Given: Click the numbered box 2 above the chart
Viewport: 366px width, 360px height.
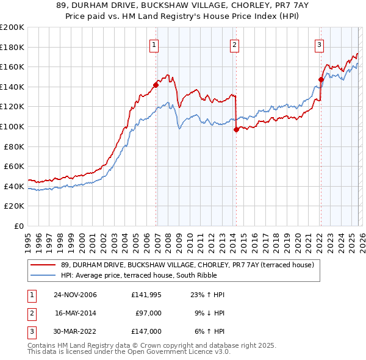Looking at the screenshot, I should (234, 44).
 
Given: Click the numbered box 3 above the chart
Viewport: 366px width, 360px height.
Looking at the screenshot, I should (319, 44).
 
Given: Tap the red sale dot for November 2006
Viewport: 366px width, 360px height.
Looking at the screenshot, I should (156, 85).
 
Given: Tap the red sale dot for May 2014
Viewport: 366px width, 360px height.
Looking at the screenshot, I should (236, 129).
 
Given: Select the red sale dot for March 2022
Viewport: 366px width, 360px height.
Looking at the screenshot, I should (321, 79).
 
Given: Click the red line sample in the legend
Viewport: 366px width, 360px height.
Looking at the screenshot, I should (43, 265).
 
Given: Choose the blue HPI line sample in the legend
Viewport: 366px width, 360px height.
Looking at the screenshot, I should (43, 275).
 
